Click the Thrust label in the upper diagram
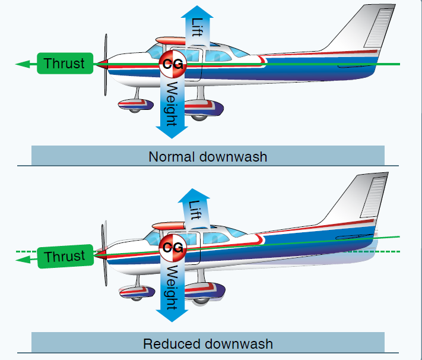65,64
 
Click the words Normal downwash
208,157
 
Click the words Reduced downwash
208,343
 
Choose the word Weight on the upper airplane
172,104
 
